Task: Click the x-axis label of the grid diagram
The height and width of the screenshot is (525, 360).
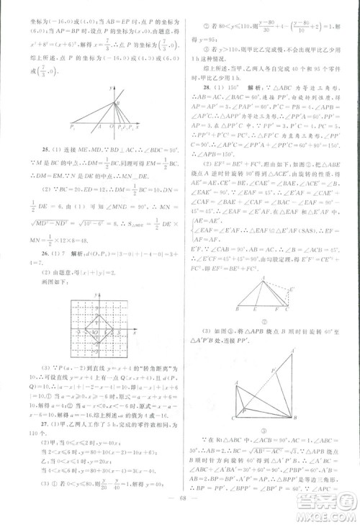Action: tap(135, 334)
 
